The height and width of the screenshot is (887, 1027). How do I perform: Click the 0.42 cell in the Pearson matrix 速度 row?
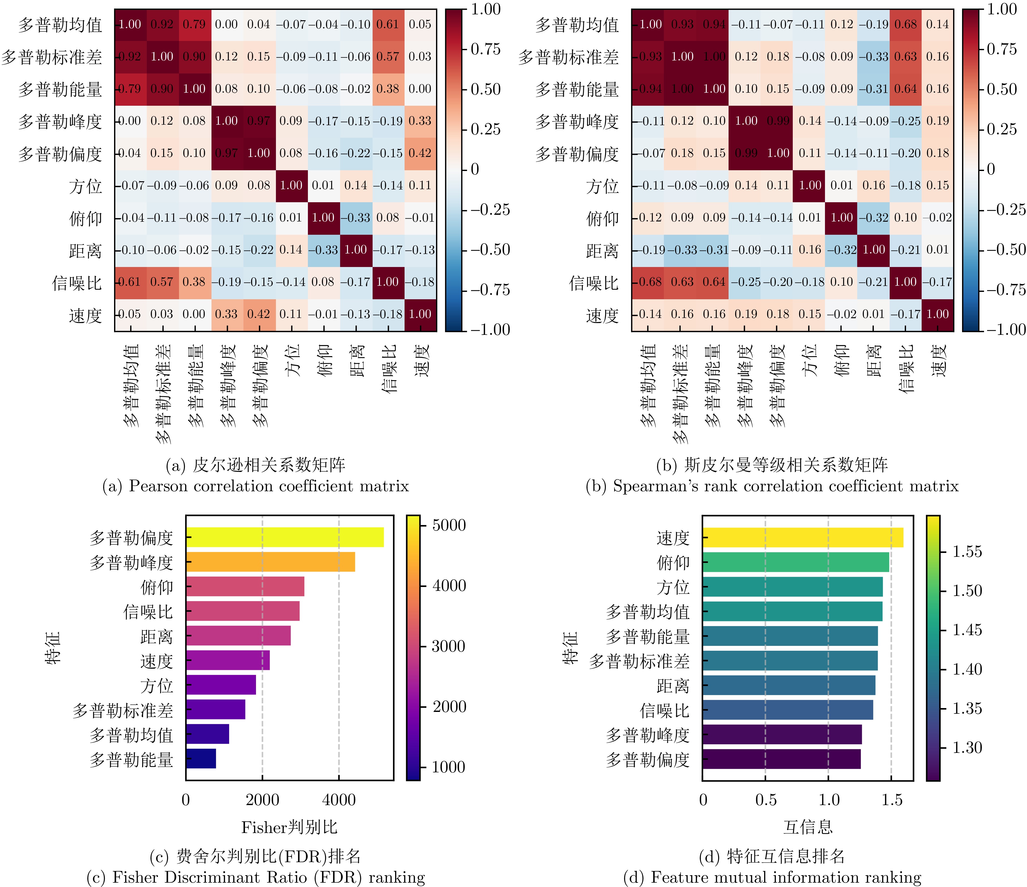point(259,314)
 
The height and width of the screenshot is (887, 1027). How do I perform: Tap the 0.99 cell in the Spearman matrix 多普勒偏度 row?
point(746,153)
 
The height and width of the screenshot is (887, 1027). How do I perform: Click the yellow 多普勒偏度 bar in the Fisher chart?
point(285,537)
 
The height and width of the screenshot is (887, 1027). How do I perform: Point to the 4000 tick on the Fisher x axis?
point(339,800)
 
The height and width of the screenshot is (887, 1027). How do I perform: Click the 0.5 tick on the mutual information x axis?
point(766,800)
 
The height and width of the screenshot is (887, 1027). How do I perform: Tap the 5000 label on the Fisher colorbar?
point(449,525)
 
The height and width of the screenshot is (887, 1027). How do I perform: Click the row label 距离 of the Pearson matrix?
point(85,251)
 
